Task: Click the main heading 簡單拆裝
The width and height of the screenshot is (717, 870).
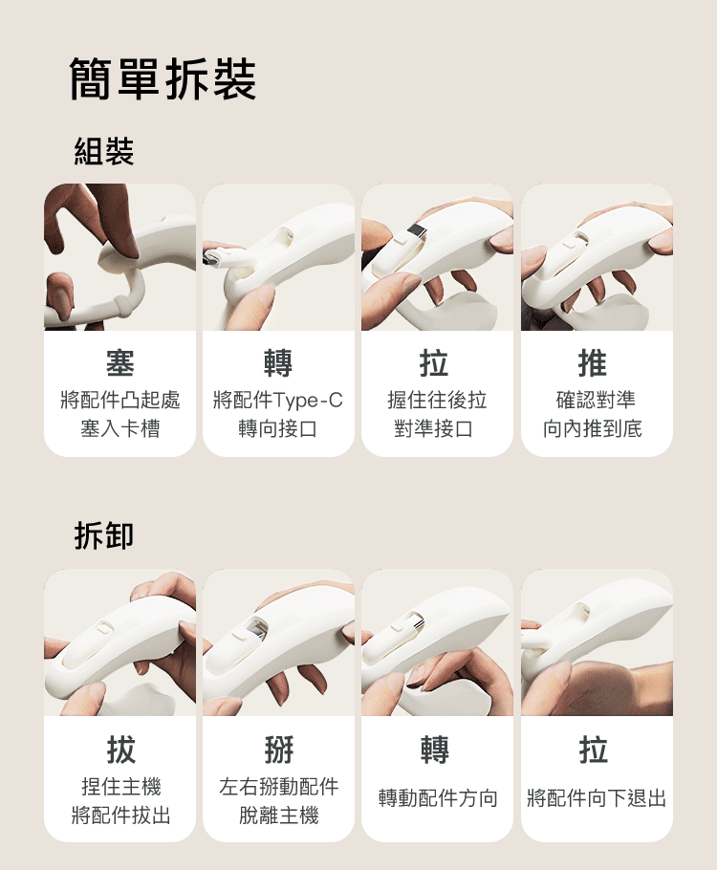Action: [163, 79]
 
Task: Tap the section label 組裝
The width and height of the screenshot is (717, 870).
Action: [104, 151]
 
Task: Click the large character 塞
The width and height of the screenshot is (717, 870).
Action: [120, 363]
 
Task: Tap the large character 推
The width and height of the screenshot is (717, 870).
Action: [593, 363]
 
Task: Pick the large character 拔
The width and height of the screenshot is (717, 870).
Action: [120, 750]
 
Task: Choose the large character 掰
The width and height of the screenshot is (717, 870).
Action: [278, 750]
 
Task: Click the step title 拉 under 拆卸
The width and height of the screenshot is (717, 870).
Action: [593, 750]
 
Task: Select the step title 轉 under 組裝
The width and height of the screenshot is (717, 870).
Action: [278, 363]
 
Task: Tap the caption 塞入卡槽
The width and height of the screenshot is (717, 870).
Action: [120, 428]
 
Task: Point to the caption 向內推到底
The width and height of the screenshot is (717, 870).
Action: [593, 428]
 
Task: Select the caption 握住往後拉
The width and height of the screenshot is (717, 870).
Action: [437, 400]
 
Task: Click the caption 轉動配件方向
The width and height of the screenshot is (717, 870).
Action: [437, 798]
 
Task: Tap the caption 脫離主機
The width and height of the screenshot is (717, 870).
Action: [278, 816]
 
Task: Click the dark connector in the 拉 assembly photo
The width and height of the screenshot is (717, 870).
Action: [416, 232]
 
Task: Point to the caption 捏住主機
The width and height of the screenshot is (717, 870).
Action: [120, 787]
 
